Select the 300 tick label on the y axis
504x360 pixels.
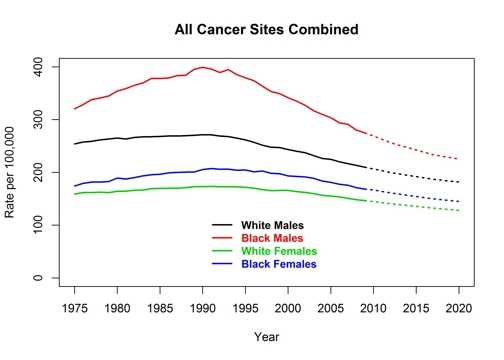click(37, 119)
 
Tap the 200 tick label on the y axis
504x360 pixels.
click(37, 172)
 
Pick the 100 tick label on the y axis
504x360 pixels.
click(37, 225)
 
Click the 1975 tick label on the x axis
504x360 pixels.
click(75, 307)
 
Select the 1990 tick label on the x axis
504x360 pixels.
click(203, 307)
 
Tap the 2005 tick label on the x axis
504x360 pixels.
click(331, 307)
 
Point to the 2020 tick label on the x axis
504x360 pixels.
click(459, 307)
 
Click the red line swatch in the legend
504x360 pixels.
click(225, 239)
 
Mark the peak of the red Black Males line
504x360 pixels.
click(203, 67)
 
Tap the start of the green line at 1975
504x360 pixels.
click(75, 194)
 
